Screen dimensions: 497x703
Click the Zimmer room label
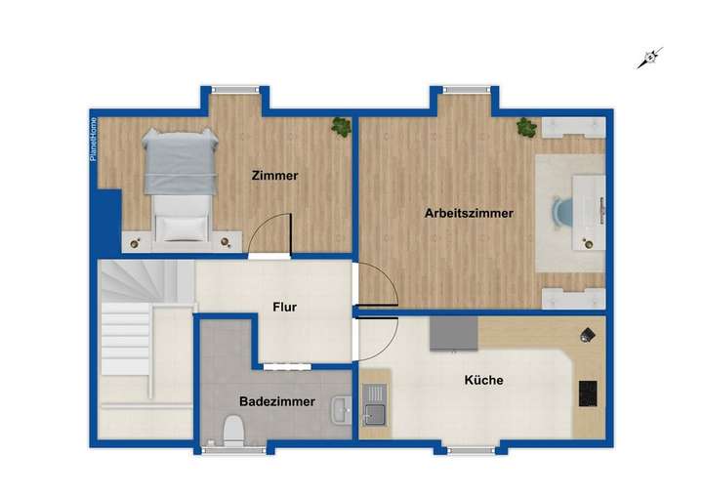[x=273, y=176]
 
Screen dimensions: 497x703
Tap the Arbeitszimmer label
[x=469, y=213]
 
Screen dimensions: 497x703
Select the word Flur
[x=284, y=307]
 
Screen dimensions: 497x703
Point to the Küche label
[x=484, y=380]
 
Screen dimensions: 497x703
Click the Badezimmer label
[x=277, y=401]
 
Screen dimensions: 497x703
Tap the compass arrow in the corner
[x=649, y=59]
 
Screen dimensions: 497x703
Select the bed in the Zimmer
[x=179, y=182]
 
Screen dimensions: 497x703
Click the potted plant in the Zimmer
[x=341, y=126]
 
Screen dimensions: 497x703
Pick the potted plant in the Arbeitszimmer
[x=526, y=127]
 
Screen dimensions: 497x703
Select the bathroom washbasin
[x=340, y=409]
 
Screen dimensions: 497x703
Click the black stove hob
[x=589, y=393]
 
